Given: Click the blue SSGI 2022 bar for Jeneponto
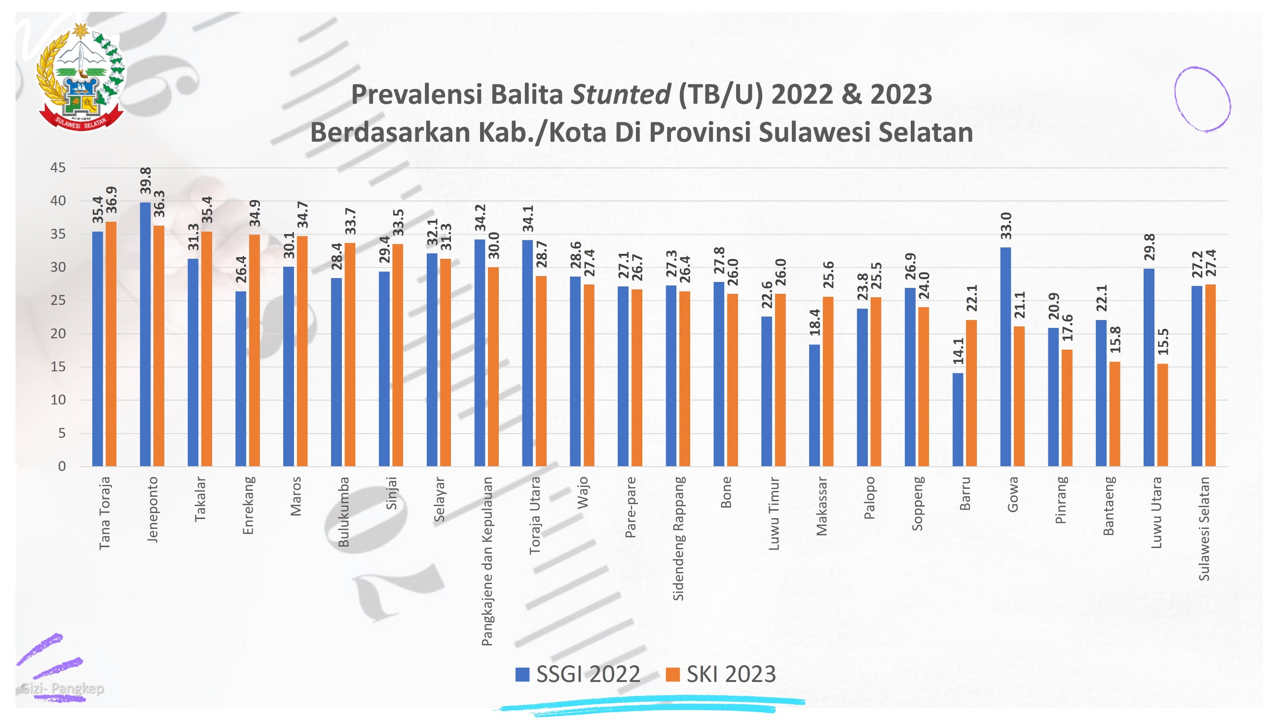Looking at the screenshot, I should coord(145,334).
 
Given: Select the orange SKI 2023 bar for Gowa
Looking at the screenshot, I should coord(1019,396).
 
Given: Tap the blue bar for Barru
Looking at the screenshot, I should coord(957,419).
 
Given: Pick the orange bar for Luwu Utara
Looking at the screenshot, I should coord(1162,415).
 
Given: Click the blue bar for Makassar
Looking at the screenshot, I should coord(814,405).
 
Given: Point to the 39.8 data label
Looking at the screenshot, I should coord(146,181).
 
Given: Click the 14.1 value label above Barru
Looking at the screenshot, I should coord(958,351).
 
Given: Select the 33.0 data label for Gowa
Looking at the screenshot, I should coord(1006,226).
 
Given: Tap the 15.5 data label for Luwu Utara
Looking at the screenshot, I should coord(1162,342).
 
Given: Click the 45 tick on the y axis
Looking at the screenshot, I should coord(58,168).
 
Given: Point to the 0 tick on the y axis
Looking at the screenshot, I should coord(62,466).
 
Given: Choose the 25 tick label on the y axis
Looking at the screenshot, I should coord(58,300).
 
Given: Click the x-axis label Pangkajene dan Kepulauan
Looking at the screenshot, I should coord(487,561).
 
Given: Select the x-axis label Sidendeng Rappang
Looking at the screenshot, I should coord(678,539).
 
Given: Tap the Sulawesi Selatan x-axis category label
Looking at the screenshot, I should coord(1204,528).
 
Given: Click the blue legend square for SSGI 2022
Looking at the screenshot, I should coord(522,675).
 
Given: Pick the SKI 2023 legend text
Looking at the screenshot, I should coord(731,675).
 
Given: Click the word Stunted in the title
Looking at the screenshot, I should coord(620,94).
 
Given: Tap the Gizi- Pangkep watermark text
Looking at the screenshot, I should coord(62,688).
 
